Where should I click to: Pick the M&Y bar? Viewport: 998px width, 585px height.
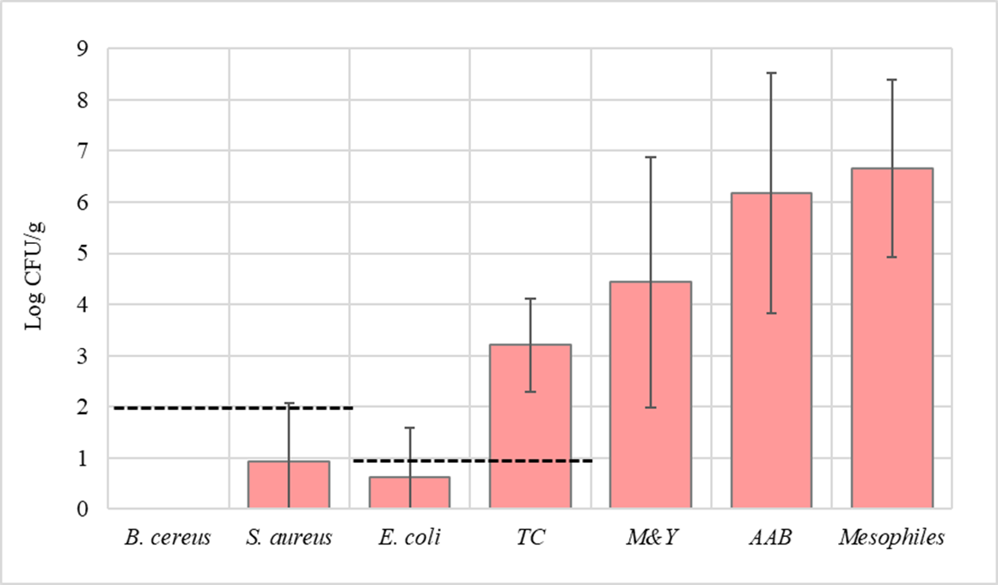coord(651,395)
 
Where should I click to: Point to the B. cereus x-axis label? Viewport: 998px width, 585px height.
coord(168,539)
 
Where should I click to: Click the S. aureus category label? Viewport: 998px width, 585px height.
coord(289,539)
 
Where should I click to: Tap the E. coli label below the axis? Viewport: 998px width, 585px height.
coord(410,539)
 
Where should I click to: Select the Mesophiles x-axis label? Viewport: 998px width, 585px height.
coord(892,539)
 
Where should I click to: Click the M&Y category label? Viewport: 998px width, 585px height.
coord(651,539)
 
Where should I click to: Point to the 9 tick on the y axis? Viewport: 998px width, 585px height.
coord(83,49)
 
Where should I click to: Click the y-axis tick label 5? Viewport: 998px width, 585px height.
coord(83,254)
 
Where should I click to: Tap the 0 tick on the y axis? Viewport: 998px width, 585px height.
coord(83,509)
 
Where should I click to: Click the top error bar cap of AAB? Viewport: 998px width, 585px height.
coord(771,73)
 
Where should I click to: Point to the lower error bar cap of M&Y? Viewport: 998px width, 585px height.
coord(651,408)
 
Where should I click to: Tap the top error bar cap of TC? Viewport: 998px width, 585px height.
coord(530,298)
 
